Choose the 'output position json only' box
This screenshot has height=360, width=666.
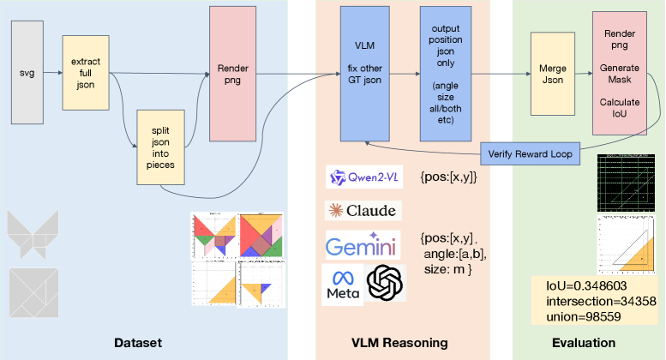(444, 73)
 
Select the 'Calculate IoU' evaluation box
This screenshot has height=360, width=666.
(621, 73)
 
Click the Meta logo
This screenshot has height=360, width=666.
(340, 283)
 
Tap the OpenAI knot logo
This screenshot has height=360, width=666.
(385, 283)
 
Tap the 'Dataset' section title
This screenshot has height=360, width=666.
(138, 343)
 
